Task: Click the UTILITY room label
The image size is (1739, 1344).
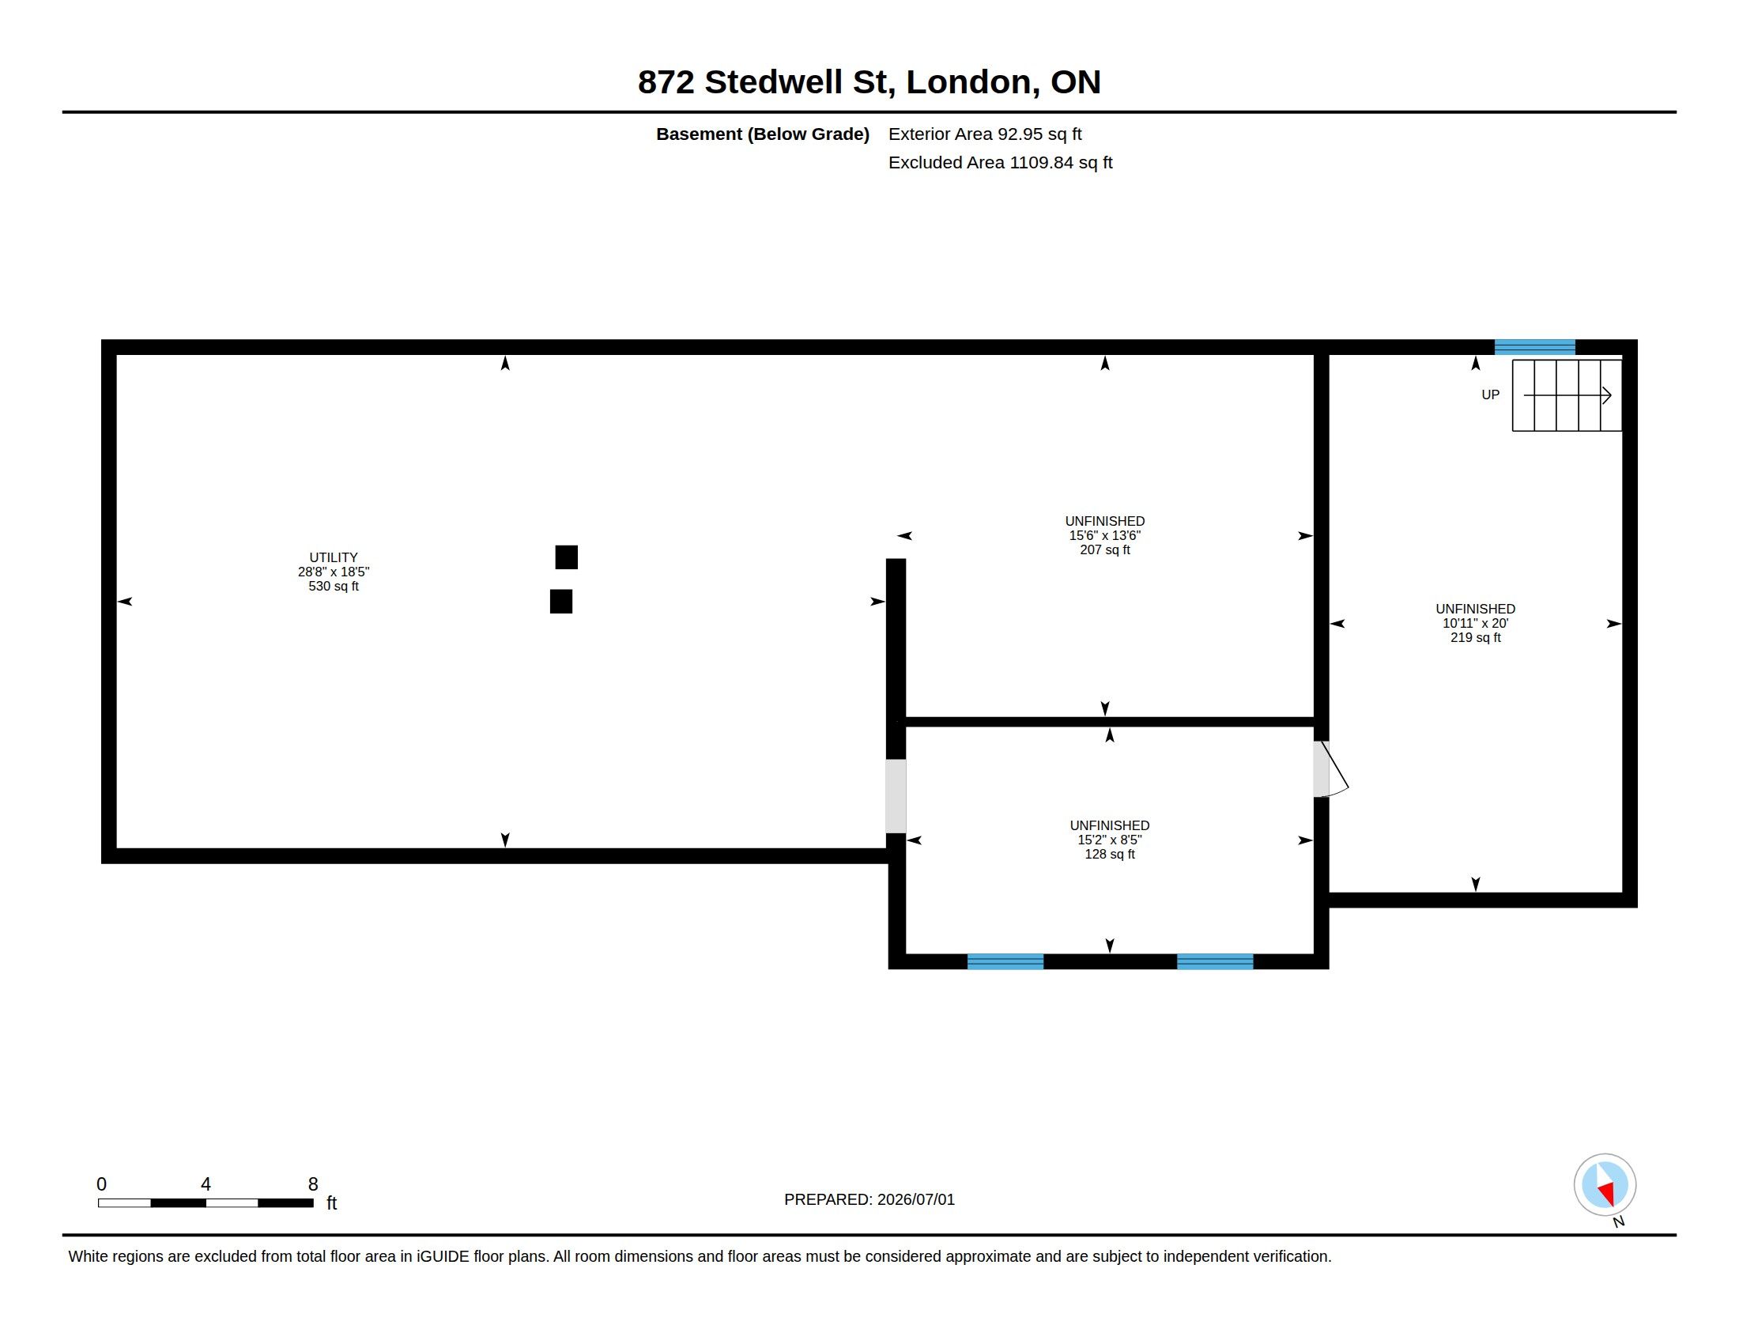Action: [x=334, y=557]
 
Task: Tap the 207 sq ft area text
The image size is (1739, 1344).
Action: [x=1104, y=550]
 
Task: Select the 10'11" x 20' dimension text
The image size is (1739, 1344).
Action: [x=1476, y=624]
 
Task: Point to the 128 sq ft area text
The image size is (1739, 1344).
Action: [x=1109, y=855]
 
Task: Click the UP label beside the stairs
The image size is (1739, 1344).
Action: [x=1490, y=395]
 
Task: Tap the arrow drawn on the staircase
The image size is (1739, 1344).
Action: [x=1567, y=395]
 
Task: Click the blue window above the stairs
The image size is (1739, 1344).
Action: [x=1534, y=347]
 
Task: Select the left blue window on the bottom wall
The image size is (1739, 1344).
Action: [x=1005, y=961]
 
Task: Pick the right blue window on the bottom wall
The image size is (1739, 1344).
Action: [x=1215, y=961]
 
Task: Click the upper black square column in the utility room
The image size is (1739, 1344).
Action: [x=566, y=557]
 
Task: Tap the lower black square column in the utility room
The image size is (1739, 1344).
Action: [x=560, y=601]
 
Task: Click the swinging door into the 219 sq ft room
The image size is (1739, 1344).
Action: [x=1330, y=769]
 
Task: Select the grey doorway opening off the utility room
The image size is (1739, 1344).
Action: [x=896, y=796]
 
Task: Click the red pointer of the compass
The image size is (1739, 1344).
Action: [x=1607, y=1193]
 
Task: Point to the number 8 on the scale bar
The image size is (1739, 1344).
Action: [x=313, y=1184]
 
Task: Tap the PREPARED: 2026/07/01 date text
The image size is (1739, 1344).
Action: [x=869, y=1199]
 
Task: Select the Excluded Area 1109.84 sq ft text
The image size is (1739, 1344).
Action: [x=1000, y=162]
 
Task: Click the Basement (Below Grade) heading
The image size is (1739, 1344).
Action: [x=763, y=134]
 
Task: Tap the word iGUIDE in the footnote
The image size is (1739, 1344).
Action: [x=443, y=1256]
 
